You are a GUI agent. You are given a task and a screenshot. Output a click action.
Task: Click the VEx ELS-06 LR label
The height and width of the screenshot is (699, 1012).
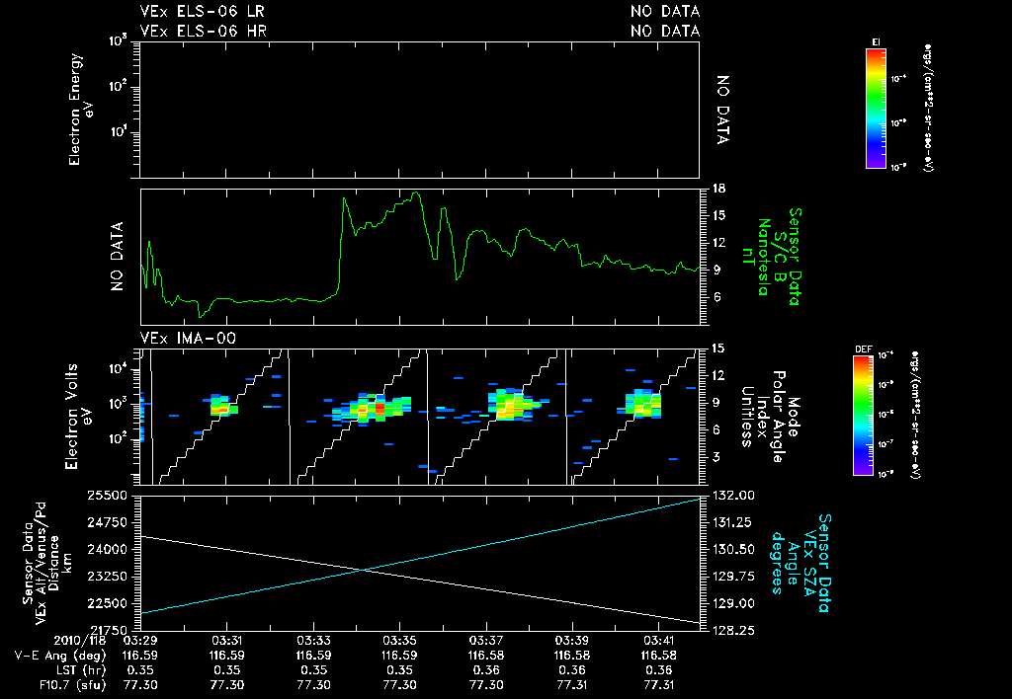(x=203, y=12)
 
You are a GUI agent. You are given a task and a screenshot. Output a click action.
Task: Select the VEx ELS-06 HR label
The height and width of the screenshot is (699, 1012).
(x=203, y=31)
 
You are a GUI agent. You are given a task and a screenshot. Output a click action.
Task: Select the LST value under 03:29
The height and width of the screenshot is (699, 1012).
(x=140, y=669)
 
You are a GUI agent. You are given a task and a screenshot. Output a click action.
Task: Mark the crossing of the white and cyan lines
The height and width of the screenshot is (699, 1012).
(x=365, y=570)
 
